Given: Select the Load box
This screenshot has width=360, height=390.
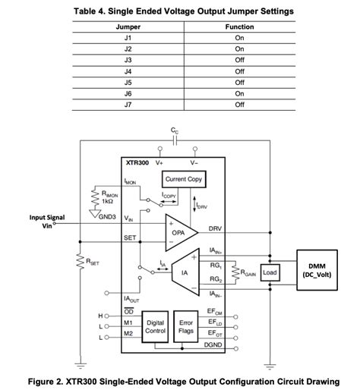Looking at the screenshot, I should coord(270,272).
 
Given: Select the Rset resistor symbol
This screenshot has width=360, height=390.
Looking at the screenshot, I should coord(80,262).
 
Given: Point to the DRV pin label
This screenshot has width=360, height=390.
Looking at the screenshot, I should coord(215,228).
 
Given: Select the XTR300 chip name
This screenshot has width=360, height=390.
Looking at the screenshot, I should coord(137,163).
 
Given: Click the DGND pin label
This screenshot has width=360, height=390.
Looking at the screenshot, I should coord(213,345).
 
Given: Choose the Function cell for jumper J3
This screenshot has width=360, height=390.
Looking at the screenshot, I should coord(239,60).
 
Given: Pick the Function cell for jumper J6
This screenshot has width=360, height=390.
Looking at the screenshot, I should coord(239,93).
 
